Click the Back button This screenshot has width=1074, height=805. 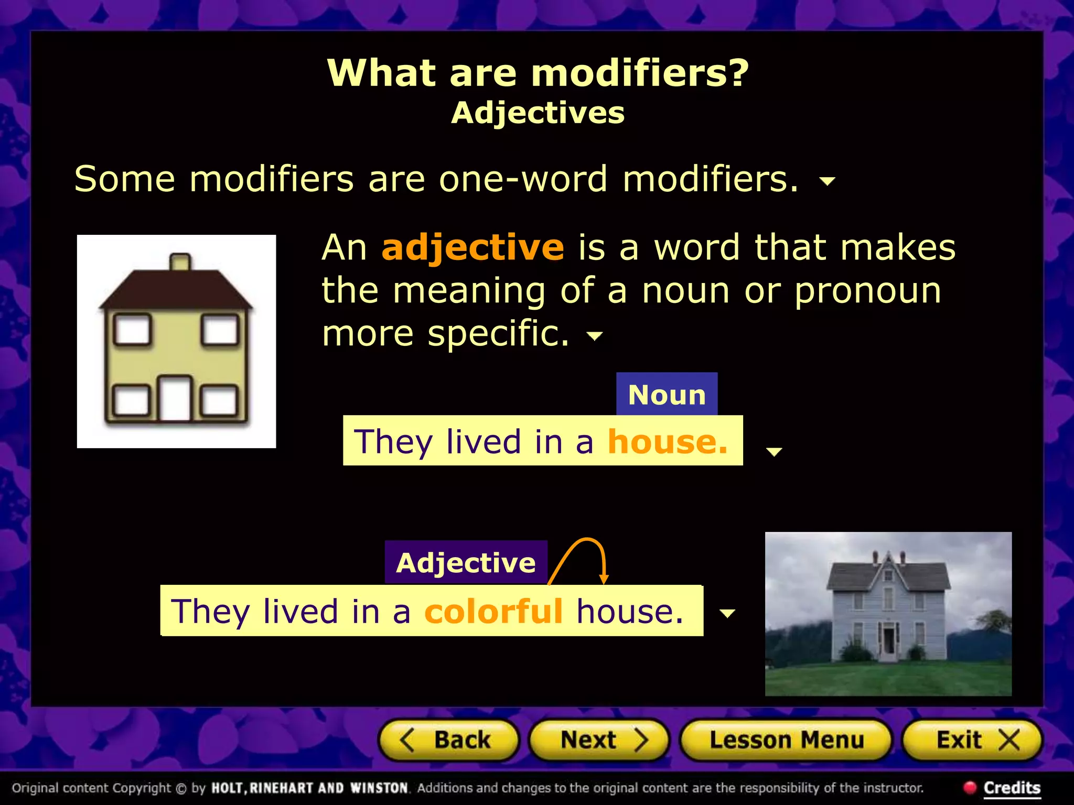[449, 740]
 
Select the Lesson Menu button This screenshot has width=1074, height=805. [786, 740]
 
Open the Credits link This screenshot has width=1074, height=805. [1011, 788]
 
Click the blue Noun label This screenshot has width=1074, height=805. [667, 395]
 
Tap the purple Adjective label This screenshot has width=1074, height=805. [466, 563]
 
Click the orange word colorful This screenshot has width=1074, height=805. [493, 611]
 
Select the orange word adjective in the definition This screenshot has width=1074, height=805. [472, 247]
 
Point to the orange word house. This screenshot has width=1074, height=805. [667, 441]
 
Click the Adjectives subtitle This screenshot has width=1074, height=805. [538, 113]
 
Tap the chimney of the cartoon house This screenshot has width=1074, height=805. [180, 262]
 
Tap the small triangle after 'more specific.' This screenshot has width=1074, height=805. [594, 336]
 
